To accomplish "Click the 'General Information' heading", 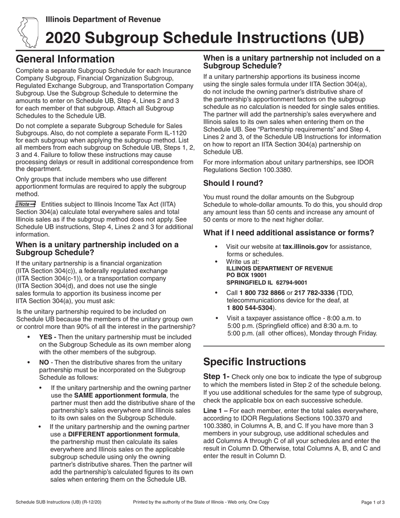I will pos(65,59).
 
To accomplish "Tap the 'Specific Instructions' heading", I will pos(254,361).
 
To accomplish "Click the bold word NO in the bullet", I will pos(44,362).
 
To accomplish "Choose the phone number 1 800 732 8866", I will pos(259,293).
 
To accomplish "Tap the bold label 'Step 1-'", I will pos(216,376).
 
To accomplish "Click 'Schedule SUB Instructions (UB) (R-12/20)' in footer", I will pos(59,502).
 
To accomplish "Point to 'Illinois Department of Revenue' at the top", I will pos(103,19).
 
